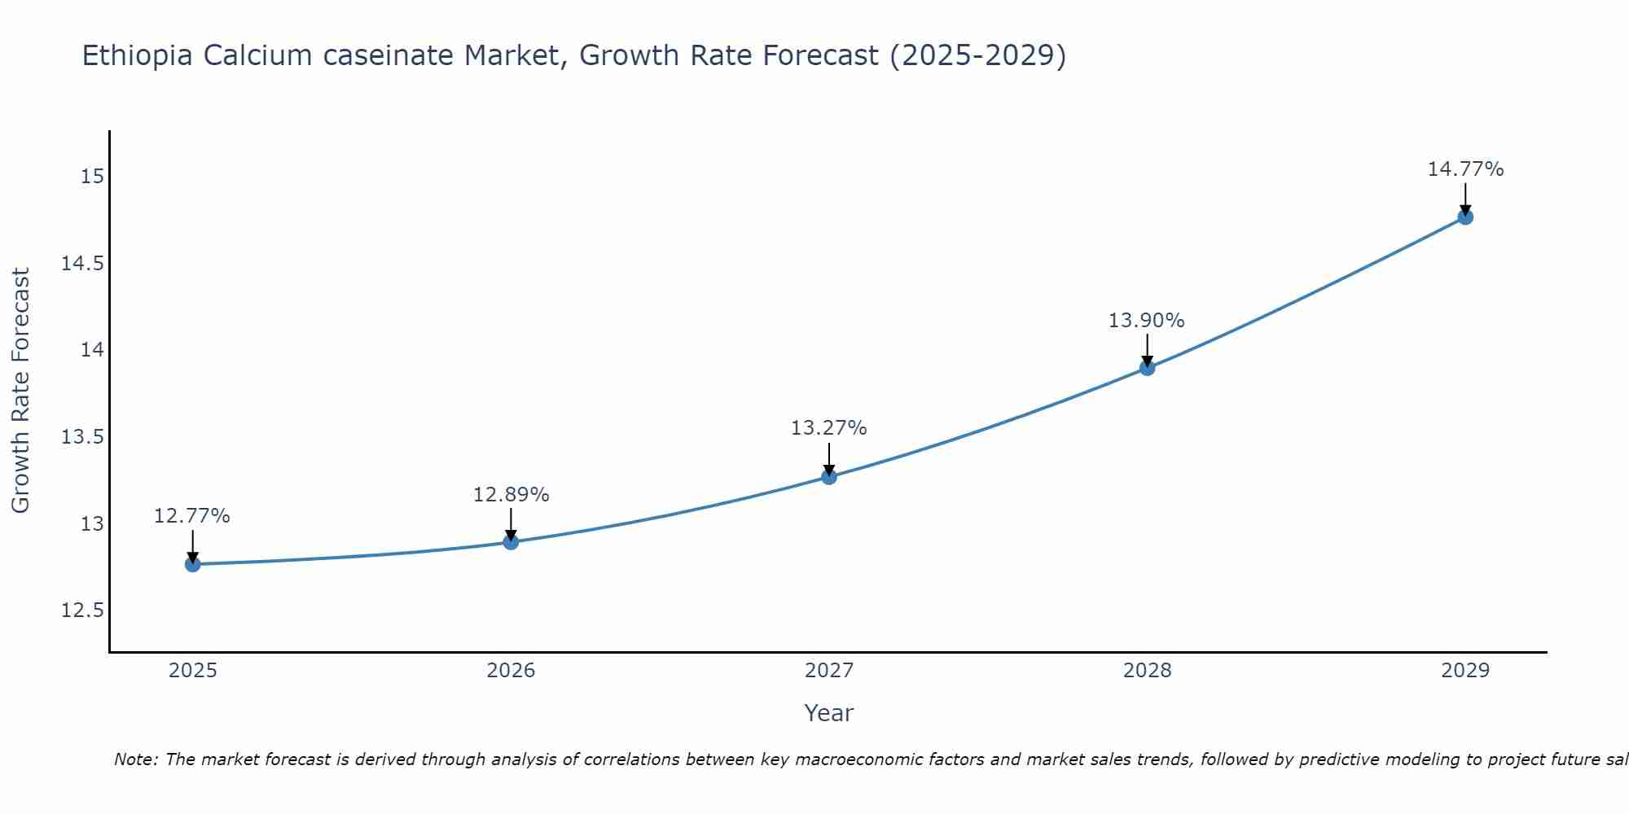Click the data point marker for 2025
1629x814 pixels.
pos(192,564)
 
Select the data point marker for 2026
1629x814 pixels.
pos(511,541)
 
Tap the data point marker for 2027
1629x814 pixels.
pos(829,476)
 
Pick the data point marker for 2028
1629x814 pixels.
pos(1147,367)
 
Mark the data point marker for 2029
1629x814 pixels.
pos(1465,217)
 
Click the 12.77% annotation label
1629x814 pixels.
pos(192,516)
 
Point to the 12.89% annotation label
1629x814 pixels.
pos(511,495)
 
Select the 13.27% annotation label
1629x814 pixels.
pos(829,428)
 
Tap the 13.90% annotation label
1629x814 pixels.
pos(1147,321)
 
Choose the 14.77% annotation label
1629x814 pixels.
pos(1465,169)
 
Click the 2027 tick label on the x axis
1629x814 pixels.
pos(829,671)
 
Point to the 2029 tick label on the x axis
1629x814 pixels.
pos(1465,671)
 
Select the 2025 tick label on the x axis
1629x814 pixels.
pos(192,671)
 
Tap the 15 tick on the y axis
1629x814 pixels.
pos(93,177)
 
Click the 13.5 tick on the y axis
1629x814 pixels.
pos(83,437)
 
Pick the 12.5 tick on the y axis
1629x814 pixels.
pos(83,610)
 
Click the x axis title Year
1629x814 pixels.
pos(829,713)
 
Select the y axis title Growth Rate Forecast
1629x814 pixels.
pos(20,391)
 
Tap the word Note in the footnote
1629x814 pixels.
pos(134,759)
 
